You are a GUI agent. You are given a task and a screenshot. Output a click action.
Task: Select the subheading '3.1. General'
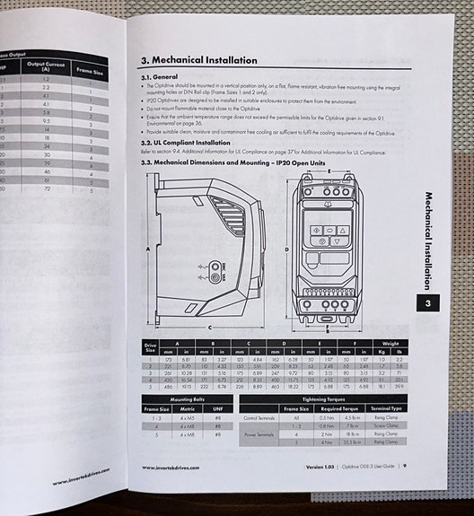pyautogui.click(x=161, y=78)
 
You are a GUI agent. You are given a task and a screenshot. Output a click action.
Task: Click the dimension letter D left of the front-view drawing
pyautogui.click(x=286, y=249)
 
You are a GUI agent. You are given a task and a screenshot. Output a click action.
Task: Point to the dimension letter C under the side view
pyautogui.click(x=210, y=328)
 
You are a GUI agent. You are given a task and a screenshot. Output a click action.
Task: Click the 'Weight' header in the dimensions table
pyautogui.click(x=389, y=342)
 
